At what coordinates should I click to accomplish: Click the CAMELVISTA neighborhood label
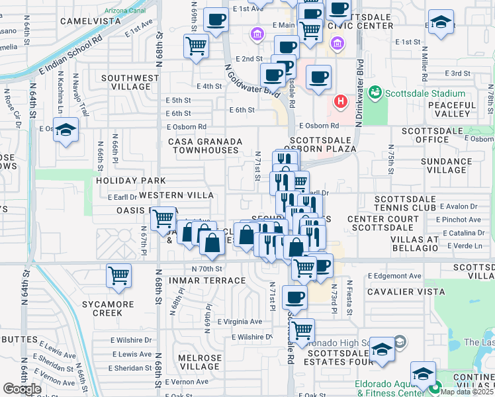(90, 21)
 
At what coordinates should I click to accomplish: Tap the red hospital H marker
(340, 101)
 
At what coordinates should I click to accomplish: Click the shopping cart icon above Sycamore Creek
(118, 275)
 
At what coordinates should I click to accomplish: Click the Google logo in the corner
(22, 389)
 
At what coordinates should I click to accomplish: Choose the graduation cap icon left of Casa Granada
(66, 130)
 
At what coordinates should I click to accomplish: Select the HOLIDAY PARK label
(130, 180)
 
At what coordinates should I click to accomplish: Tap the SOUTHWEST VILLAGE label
(130, 82)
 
